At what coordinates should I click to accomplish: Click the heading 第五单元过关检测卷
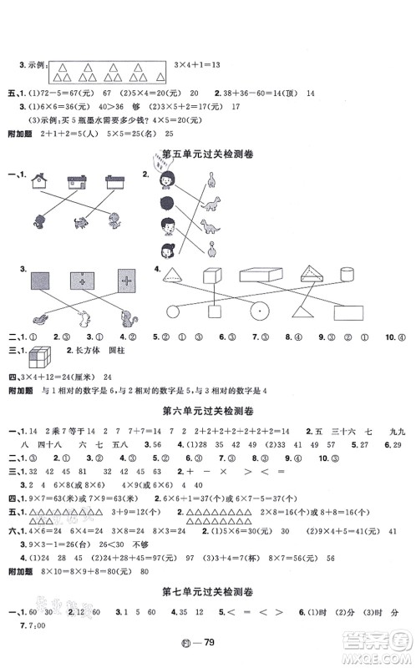coord(209,154)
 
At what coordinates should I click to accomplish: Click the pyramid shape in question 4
coord(176,276)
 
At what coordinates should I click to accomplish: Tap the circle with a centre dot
coord(257,311)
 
